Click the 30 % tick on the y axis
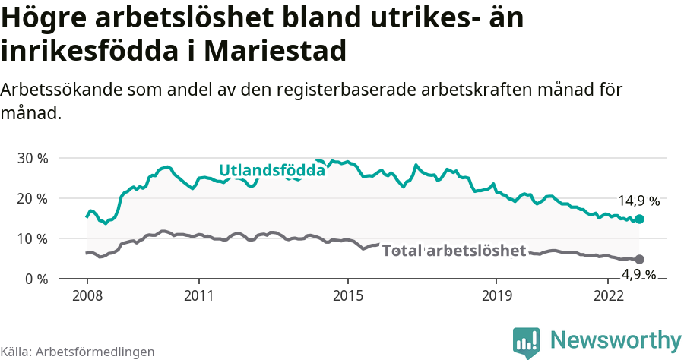point(33,158)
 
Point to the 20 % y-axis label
point(33,198)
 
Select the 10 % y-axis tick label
point(33,238)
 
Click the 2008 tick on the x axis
point(87,295)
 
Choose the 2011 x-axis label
point(198,295)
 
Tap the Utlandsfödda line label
point(271,170)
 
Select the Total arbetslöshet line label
point(454,251)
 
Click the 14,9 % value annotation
point(638,201)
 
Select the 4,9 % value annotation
point(638,273)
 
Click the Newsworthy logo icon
point(527,342)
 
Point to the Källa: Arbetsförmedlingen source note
point(78,352)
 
